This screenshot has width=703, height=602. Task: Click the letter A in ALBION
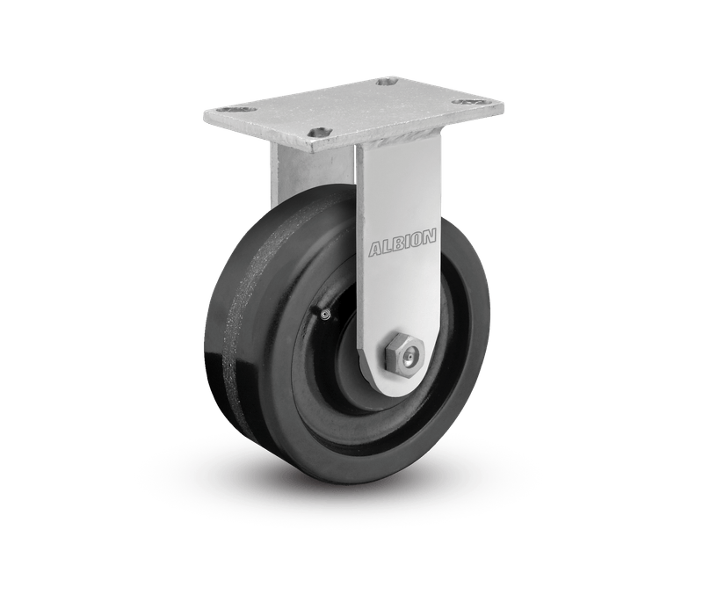point(375,250)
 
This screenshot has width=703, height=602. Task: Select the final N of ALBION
point(429,236)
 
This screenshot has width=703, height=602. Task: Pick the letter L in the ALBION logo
point(385,248)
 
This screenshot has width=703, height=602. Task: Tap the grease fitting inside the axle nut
point(408,358)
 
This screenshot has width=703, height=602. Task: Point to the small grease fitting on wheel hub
point(325,316)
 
